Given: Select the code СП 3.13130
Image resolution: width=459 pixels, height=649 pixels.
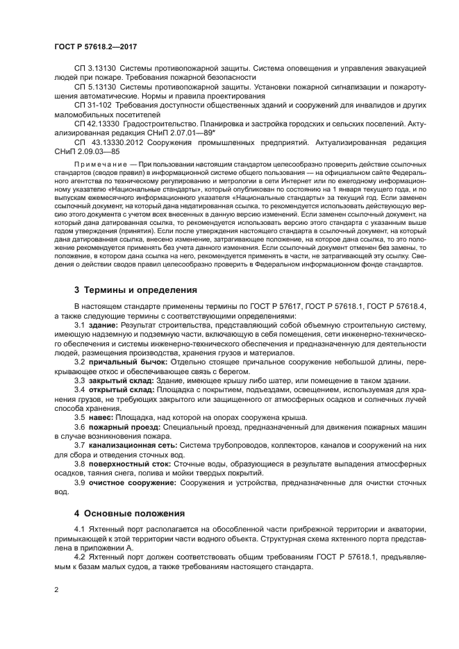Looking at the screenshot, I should click(x=95, y=69).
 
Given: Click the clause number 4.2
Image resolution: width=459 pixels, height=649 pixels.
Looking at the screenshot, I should click(x=80, y=557).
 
